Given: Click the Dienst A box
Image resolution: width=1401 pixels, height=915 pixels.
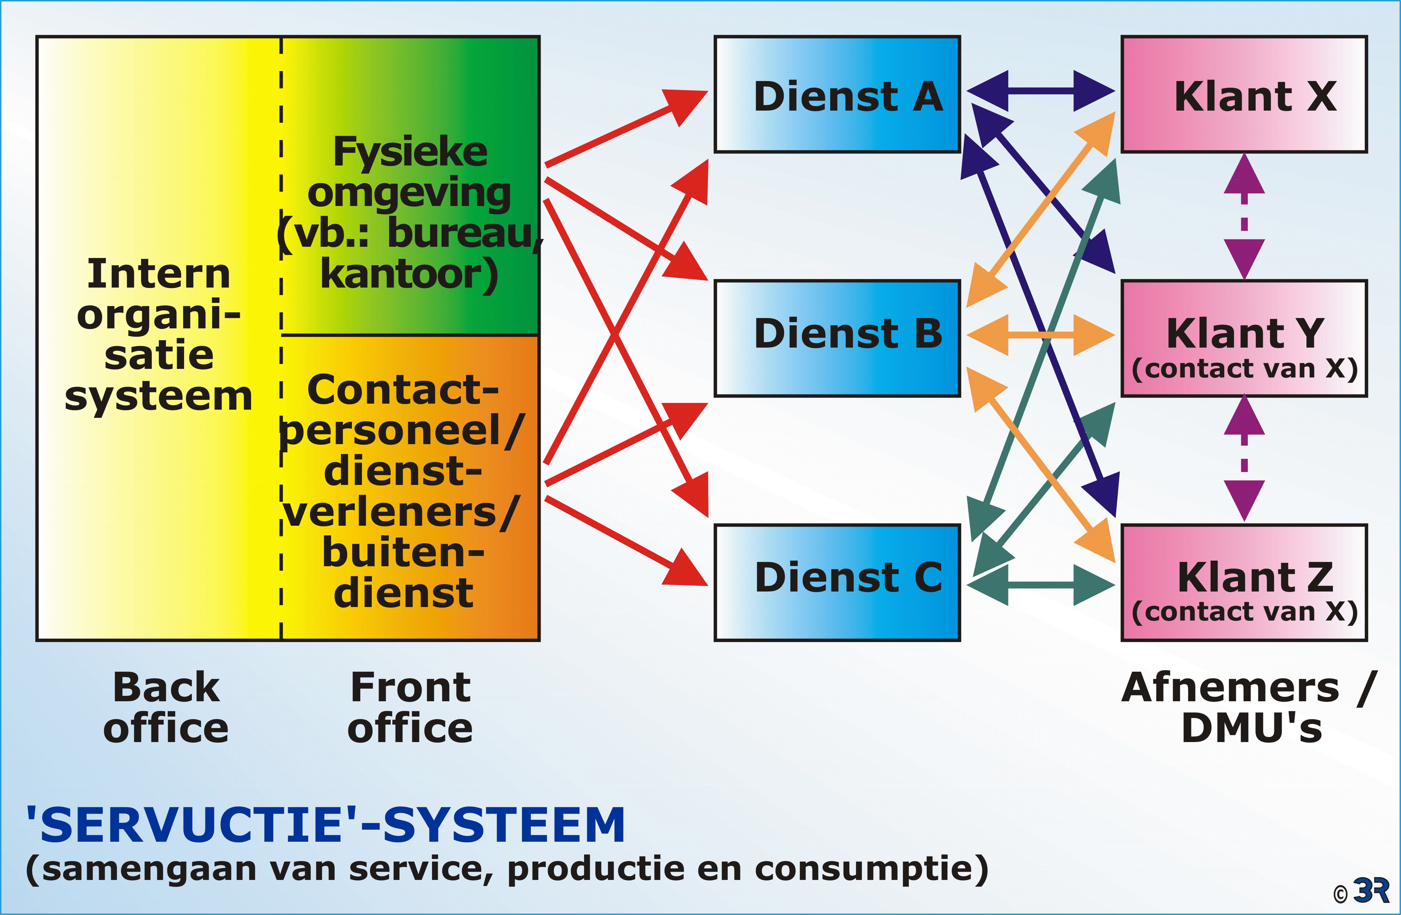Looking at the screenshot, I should pyautogui.click(x=837, y=94).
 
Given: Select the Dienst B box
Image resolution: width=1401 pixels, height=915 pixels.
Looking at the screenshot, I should pyautogui.click(x=837, y=338).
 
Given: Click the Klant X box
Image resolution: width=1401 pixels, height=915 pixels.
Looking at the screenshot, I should pyautogui.click(x=1244, y=94).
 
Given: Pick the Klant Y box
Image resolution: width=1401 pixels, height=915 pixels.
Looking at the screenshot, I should pyautogui.click(x=1244, y=338).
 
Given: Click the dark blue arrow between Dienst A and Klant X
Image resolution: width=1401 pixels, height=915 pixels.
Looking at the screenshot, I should pyautogui.click(x=1040, y=91).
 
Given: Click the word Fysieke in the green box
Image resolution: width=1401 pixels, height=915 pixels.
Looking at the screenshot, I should pyautogui.click(x=410, y=152).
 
